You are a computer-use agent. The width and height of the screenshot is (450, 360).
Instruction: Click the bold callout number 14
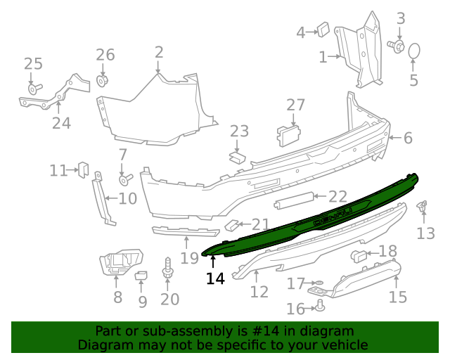215,278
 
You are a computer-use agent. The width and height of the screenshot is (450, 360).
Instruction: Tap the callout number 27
295,105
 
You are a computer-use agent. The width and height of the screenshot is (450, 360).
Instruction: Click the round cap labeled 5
414,51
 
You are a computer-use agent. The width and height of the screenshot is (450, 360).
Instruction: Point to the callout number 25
33,65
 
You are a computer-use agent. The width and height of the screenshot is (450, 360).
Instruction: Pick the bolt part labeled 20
168,269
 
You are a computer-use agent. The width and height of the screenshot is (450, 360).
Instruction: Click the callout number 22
337,197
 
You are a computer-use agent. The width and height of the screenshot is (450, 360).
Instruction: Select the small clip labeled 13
422,206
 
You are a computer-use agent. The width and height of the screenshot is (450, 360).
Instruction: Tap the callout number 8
117,297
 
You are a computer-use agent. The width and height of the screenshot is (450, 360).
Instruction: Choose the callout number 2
159,51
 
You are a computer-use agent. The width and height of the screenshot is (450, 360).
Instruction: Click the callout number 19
188,257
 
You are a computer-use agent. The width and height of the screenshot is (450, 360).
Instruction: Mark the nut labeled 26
103,80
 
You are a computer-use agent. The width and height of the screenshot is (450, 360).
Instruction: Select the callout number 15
397,297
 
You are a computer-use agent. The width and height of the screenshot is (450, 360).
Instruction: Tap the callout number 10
127,198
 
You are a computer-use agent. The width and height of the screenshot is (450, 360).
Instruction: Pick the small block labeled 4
323,29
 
